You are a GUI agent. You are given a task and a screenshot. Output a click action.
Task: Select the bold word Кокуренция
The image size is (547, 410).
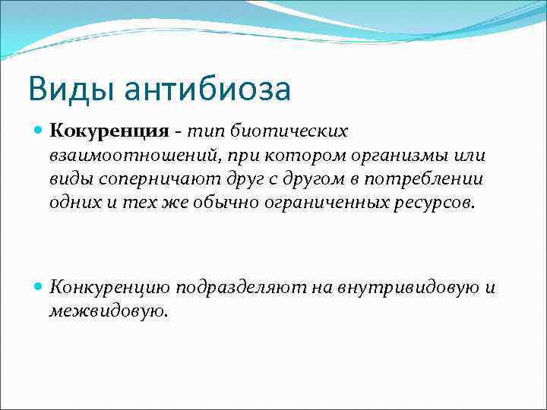[109, 131]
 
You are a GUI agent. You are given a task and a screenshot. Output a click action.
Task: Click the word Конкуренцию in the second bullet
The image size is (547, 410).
[110, 287]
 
